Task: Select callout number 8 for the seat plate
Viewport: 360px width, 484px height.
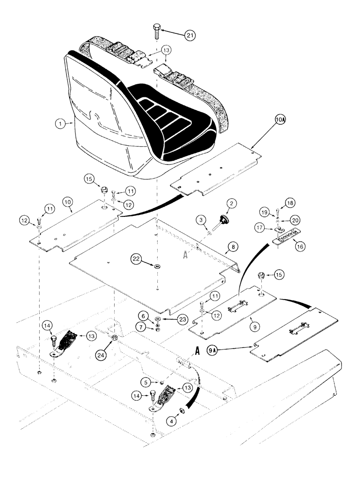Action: coord(233,246)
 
